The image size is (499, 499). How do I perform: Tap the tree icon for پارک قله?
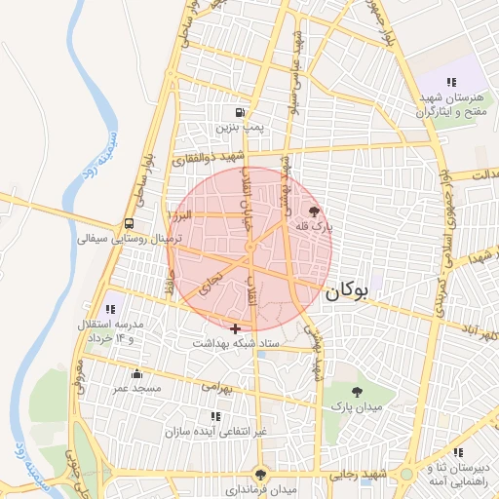pos(313,211)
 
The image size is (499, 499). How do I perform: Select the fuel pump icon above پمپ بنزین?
pos(240,112)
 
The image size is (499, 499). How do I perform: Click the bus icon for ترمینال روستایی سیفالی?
pos(130,222)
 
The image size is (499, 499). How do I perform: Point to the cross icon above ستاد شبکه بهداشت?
pos(235,328)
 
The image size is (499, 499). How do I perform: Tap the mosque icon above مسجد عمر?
pos(136,373)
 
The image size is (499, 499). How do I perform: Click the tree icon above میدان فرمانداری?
pos(259,474)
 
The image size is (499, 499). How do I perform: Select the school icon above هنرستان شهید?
pos(450,83)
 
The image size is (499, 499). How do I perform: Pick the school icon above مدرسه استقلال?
pos(108,308)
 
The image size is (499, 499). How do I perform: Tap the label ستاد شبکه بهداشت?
pos(236,343)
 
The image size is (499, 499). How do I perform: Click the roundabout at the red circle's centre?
pos(250,249)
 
